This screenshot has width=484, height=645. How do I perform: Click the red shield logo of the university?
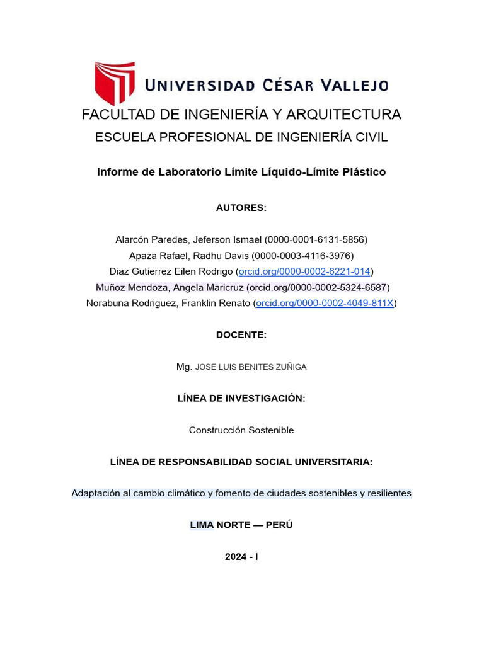click(x=115, y=82)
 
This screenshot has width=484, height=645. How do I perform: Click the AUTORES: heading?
click(x=241, y=208)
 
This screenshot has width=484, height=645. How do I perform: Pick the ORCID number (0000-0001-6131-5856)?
click(x=316, y=240)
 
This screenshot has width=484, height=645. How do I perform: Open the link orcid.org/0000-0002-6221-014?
click(x=304, y=271)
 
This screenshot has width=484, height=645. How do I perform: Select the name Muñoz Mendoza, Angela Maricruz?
click(x=170, y=287)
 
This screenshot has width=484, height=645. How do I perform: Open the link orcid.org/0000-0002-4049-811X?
click(x=325, y=303)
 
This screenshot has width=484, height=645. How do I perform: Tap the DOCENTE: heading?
click(x=241, y=335)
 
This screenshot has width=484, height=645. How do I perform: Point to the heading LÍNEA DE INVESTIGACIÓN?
click(x=241, y=398)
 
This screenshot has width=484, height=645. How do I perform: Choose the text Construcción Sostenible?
click(x=241, y=430)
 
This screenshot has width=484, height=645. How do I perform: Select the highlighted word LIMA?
click(x=202, y=525)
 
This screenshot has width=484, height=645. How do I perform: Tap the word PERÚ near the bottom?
click(x=279, y=525)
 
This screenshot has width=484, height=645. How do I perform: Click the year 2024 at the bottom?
click(x=236, y=556)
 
